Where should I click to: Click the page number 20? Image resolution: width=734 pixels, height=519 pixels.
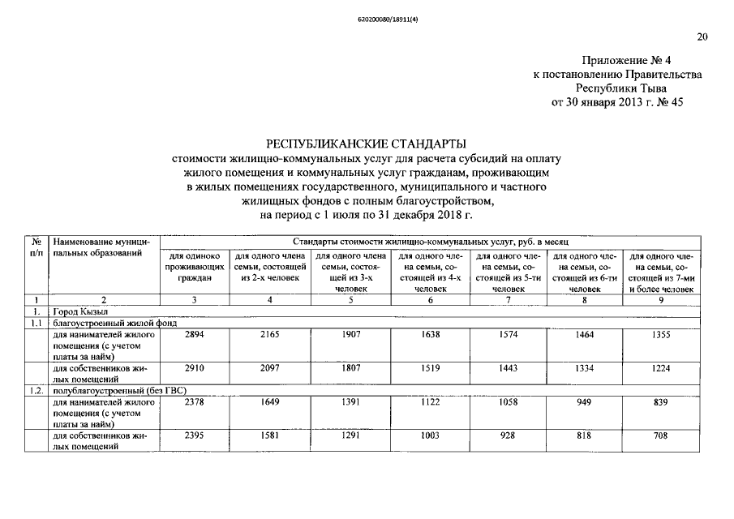[x=702, y=36]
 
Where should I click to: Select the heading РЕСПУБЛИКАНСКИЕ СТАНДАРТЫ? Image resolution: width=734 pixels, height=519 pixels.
[x=366, y=143]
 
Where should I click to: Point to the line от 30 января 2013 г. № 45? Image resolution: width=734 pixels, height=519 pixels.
[x=617, y=102]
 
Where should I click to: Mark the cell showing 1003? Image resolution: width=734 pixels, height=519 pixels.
[x=430, y=435]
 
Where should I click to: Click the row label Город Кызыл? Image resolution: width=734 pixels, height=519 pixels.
[x=81, y=311]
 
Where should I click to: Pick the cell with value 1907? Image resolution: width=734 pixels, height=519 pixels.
[x=350, y=333]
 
